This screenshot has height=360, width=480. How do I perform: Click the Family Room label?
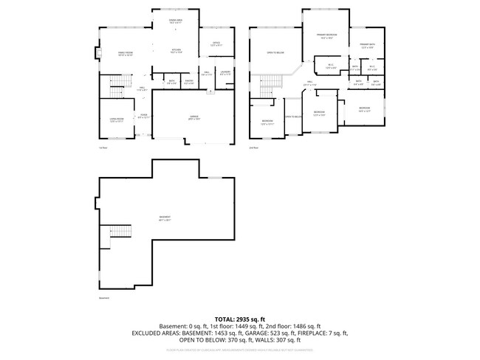(123, 53)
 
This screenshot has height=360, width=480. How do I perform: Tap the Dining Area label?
(176, 21)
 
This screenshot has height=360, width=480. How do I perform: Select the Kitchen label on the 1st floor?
(176, 50)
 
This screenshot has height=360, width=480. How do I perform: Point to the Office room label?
(216, 44)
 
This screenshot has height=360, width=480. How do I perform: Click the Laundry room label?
(224, 73)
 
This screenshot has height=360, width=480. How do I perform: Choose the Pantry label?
(189, 81)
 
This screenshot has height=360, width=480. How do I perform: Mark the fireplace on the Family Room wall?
(96, 53)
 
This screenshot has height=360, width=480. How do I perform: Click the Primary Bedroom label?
(326, 35)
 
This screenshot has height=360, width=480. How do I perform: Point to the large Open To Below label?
(275, 53)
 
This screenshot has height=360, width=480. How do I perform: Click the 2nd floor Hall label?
(311, 84)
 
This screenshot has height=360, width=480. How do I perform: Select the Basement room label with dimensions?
(164, 218)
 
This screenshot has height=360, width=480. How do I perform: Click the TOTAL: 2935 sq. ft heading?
(240, 319)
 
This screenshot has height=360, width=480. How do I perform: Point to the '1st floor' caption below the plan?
(104, 148)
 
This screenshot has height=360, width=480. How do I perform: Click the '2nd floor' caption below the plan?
(253, 148)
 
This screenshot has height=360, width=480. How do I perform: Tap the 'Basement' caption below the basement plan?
(103, 298)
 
